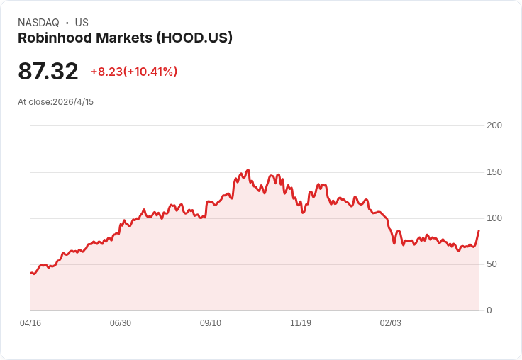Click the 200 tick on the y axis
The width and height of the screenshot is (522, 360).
(494, 125)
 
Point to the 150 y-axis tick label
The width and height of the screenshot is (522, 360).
(494, 172)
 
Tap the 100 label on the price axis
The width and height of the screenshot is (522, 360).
(494, 218)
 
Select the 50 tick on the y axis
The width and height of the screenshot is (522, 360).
(492, 264)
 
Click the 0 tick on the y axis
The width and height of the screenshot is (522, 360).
(489, 310)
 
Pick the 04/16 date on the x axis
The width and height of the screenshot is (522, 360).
(30, 322)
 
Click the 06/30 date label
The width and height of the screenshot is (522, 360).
(121, 322)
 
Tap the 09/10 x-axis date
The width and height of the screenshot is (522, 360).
(211, 322)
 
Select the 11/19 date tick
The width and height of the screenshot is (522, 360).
(301, 322)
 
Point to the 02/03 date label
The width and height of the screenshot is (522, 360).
(391, 322)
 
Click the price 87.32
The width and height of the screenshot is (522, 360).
(48, 71)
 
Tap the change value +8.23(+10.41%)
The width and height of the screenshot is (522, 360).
(134, 72)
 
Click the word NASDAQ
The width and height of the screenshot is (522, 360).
(38, 23)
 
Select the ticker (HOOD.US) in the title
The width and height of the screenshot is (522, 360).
(194, 38)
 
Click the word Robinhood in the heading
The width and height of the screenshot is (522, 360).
(55, 38)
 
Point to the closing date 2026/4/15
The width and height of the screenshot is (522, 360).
(73, 102)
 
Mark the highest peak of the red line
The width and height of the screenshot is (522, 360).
(248, 169)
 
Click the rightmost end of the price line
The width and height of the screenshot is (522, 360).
(479, 230)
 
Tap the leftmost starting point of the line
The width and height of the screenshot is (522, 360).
(31, 273)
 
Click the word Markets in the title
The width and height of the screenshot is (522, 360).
(124, 38)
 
